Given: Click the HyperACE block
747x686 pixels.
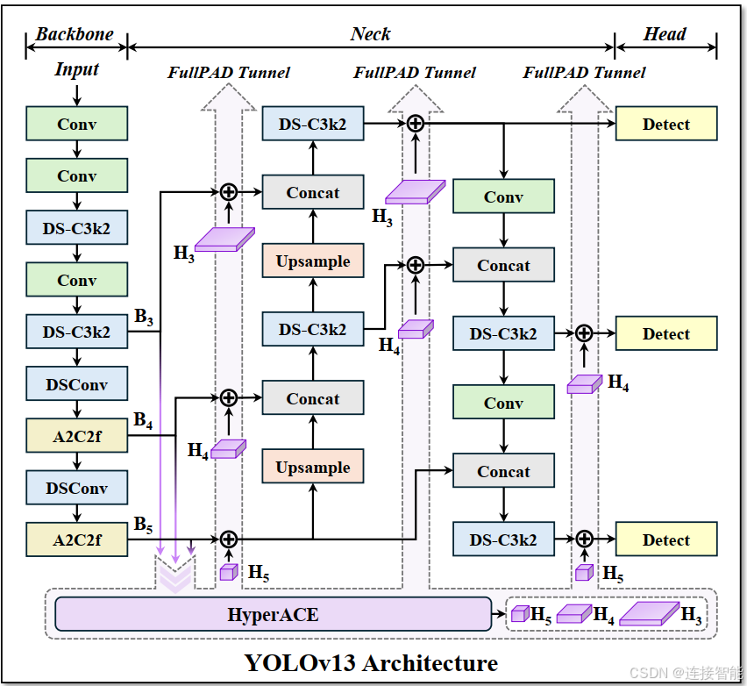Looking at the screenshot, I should point(273,614).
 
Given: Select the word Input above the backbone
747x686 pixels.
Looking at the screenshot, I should point(77,69).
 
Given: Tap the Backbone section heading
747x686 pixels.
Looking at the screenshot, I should point(75,35).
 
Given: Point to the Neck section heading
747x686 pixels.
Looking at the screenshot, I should point(370,35).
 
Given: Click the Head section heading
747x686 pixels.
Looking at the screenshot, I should point(665,35).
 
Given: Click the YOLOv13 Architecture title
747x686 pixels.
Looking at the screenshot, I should point(371,662).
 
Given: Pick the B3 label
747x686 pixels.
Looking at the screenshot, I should point(144,318).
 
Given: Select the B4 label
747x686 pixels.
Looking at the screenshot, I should point(143,421).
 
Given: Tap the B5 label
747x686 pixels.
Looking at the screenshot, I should point(143,525).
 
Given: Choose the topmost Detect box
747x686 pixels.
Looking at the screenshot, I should point(666,125).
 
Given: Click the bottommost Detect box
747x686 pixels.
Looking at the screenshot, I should point(666,540).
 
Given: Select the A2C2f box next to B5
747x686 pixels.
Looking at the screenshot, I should point(77,540).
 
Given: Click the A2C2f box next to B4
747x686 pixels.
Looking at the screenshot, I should point(77,436).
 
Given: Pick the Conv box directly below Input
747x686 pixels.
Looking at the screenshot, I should point(77,125).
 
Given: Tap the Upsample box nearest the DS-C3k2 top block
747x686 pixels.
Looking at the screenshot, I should point(313,261).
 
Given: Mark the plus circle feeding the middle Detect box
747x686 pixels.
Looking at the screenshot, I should point(584,333).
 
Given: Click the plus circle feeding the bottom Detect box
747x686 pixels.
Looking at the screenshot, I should point(584,540).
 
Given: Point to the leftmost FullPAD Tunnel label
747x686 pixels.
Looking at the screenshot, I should point(229,72).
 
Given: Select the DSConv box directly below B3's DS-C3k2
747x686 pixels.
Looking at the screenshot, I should point(77,384).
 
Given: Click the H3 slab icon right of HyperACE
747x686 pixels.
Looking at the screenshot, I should point(650,613).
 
